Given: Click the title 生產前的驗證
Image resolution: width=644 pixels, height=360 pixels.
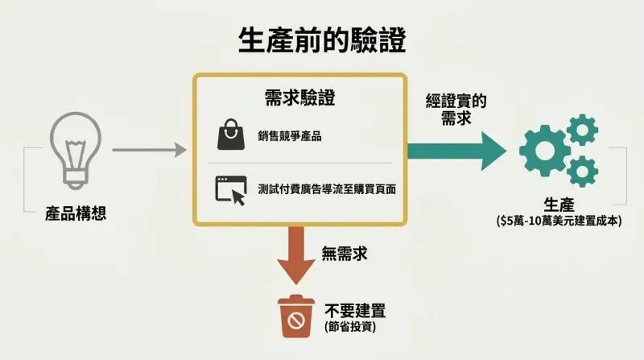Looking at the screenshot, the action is [x=322, y=40].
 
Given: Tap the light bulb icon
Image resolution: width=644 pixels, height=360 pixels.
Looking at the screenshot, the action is [x=76, y=151].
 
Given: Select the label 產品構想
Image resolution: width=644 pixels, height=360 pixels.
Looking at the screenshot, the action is [x=76, y=213].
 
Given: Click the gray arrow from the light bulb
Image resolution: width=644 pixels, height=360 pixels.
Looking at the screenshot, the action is [x=150, y=150].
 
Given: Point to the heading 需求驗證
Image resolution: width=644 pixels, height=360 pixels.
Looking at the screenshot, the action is [x=299, y=97].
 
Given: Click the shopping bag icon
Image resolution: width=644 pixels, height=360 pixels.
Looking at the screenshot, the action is [x=231, y=134].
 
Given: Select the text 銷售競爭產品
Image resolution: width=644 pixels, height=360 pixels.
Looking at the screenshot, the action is [x=290, y=136].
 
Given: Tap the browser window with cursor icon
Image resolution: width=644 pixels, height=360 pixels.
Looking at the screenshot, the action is [x=231, y=190].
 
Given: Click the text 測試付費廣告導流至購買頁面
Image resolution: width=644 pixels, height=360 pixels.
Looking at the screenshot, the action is [x=327, y=189].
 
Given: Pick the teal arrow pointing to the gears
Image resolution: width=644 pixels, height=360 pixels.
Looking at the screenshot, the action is [x=456, y=151].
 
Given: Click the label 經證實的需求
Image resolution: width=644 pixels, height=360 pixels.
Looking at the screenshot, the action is [x=456, y=110].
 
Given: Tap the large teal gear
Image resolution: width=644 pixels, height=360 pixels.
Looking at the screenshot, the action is [x=545, y=151].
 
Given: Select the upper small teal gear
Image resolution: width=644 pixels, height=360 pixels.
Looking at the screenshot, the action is [x=582, y=130].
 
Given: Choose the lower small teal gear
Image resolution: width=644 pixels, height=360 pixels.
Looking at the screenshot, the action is [x=582, y=172].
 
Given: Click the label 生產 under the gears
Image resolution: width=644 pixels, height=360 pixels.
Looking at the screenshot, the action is [x=559, y=205].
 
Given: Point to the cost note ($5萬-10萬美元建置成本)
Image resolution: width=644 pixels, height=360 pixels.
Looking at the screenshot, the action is [x=559, y=221].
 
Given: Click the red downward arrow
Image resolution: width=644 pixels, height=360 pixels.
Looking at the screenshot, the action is [x=296, y=255].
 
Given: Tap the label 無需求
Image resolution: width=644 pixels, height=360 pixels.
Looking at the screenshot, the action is [x=345, y=253].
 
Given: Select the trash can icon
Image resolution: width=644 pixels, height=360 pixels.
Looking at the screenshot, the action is [x=295, y=316].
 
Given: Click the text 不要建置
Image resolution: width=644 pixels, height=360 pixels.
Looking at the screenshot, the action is [x=355, y=311].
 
